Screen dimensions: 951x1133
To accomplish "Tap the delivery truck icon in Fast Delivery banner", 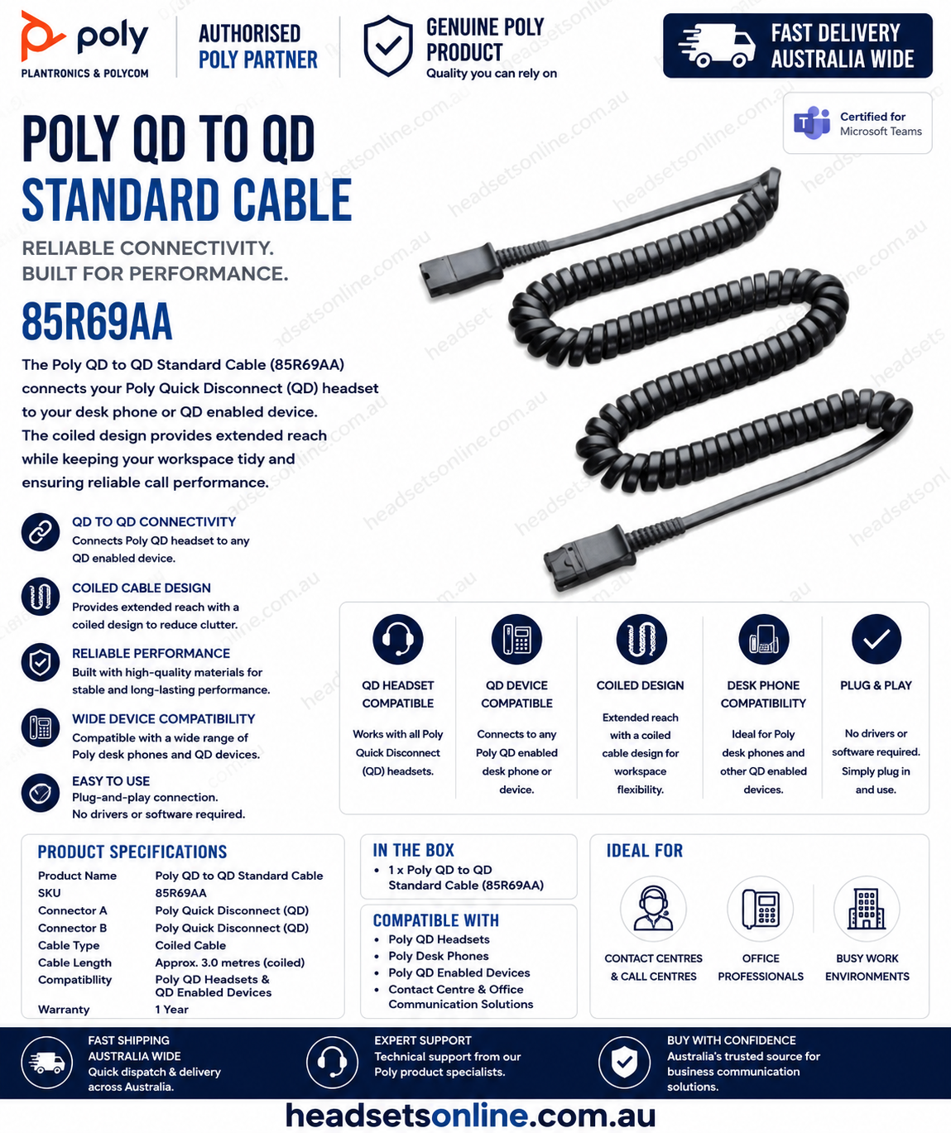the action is (717, 46).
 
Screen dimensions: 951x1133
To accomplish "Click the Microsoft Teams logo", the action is (811, 123).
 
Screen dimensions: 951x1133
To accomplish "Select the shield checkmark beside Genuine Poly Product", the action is (387, 46).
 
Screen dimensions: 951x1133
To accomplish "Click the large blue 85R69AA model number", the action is (97, 321).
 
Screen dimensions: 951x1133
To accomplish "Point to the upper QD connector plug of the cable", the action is (461, 269).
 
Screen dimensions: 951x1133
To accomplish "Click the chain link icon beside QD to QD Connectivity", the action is (41, 532).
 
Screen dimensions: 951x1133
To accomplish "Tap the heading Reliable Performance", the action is (151, 653).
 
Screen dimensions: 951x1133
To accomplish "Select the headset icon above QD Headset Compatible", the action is (398, 639).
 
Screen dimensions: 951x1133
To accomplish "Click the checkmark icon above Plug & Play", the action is (876, 639).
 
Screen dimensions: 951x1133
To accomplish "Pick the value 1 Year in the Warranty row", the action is (171, 1010).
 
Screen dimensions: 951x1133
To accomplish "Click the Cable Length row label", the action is (75, 963).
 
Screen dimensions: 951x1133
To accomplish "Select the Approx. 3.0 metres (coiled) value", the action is (229, 963).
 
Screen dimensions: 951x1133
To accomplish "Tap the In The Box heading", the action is (413, 850).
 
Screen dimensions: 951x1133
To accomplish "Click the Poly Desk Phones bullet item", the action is (438, 956).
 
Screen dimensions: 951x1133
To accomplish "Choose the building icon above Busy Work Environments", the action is (867, 909).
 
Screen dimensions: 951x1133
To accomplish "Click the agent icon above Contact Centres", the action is (654, 909).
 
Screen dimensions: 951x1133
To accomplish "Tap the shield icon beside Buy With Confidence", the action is (624, 1063).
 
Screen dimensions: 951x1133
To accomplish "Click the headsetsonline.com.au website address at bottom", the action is (471, 1116).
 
